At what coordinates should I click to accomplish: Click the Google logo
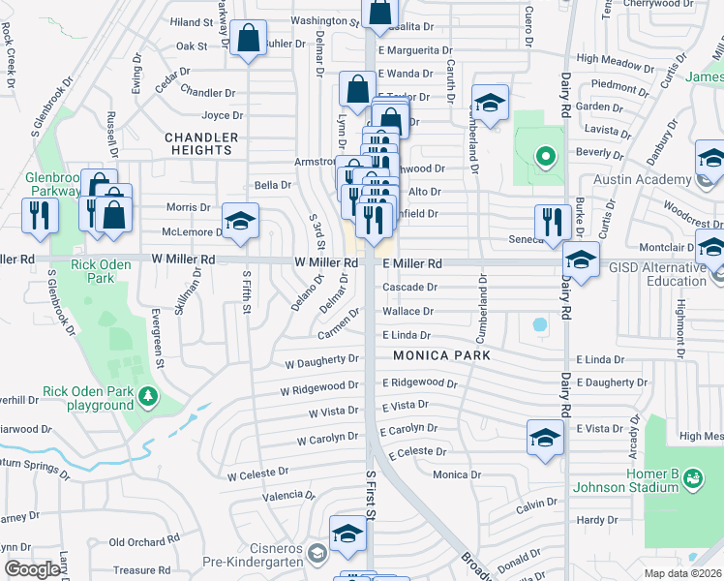point(32,569)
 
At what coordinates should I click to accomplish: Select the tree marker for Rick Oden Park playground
point(148,396)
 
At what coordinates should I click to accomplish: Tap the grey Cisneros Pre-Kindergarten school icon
point(317,554)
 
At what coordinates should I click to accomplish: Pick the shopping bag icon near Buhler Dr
point(249,41)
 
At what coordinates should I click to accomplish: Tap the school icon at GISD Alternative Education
point(581,260)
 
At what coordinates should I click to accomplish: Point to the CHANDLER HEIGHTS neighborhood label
point(198,143)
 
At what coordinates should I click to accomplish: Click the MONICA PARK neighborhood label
point(441,355)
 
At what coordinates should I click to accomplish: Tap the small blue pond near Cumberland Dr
point(539,324)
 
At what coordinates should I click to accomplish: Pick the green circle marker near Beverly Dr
point(545,155)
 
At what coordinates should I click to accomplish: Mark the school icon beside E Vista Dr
point(545,437)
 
